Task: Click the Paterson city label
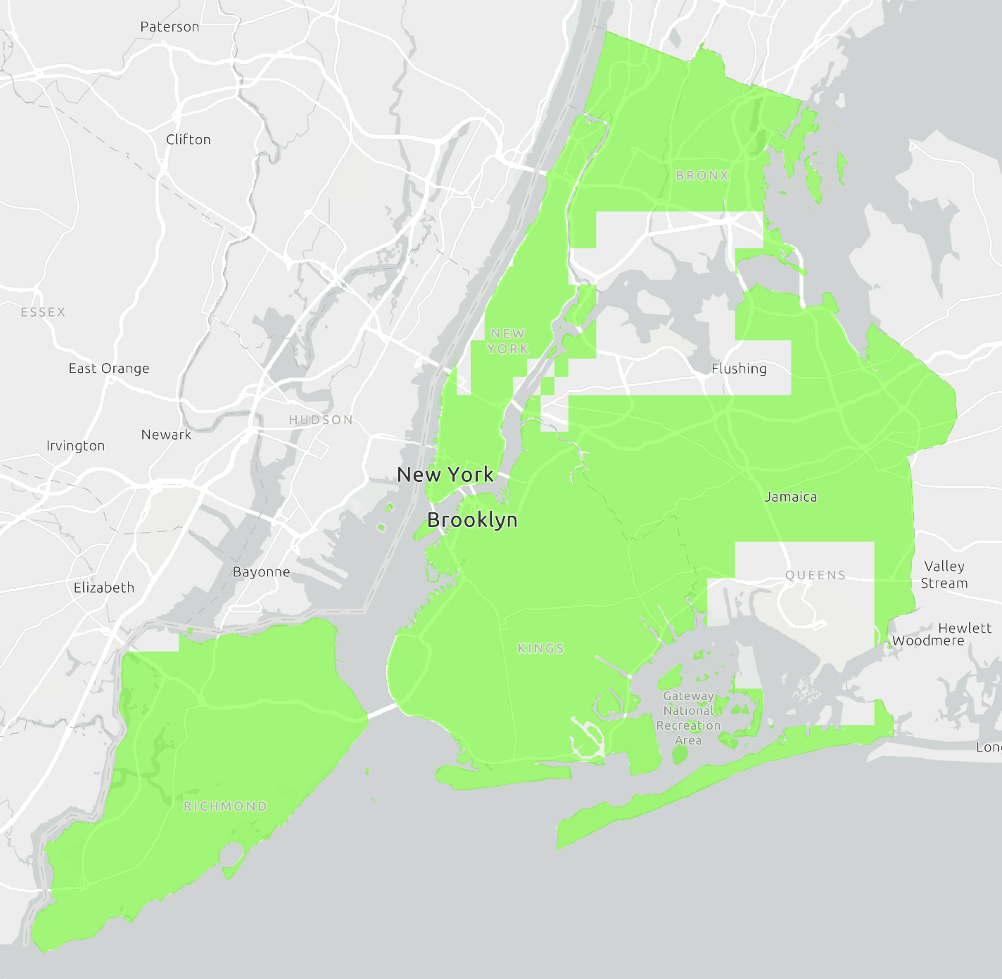coord(170,27)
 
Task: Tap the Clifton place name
coord(188,140)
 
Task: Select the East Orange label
coord(109,368)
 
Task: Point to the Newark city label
coord(166,435)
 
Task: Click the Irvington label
coord(76,446)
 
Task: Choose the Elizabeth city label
coord(104,588)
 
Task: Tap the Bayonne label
coord(262,572)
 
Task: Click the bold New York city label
coord(445,475)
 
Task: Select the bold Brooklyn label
coord(472,520)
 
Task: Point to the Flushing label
coord(739,369)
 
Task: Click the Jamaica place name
coord(791,497)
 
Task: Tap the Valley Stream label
coord(944,575)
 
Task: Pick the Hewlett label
coord(965,628)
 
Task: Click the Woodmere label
coord(928,641)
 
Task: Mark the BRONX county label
coord(702,176)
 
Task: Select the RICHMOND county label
coord(225,807)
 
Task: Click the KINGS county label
coord(541,649)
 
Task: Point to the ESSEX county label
coord(43,312)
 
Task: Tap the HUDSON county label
coord(321,420)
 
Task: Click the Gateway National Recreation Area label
coord(688,718)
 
